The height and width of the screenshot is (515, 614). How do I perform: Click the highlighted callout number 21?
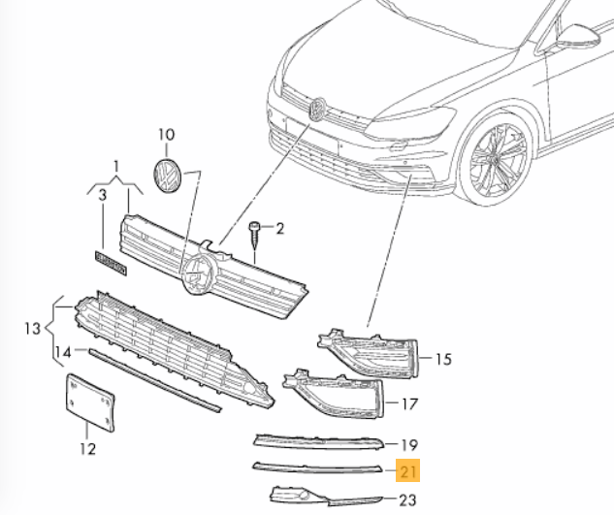(x=408, y=472)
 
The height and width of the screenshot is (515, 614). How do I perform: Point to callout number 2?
(x=279, y=229)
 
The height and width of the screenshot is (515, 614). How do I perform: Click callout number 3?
(x=101, y=197)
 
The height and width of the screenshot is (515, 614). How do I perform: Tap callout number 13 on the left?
(x=32, y=330)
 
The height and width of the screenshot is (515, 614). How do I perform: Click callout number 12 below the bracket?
(x=87, y=449)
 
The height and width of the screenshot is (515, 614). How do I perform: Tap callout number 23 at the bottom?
(x=406, y=499)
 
